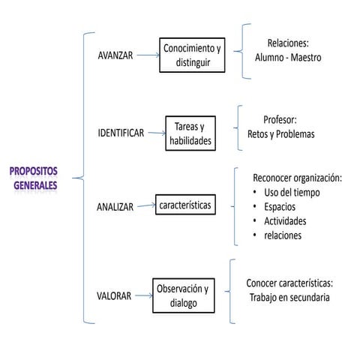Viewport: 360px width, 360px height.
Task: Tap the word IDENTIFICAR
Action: point(121,133)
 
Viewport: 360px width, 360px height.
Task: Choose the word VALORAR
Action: point(114,295)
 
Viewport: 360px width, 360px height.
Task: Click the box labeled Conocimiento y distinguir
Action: point(193,55)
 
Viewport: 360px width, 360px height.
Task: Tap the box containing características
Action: point(185,204)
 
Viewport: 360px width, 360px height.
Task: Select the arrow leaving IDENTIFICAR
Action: point(154,133)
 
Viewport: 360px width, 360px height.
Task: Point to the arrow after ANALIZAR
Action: point(145,205)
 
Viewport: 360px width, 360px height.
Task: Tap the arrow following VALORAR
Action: point(142,295)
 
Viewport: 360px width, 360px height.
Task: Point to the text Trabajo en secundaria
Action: point(289,297)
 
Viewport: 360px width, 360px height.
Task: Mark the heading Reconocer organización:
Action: point(298,178)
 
